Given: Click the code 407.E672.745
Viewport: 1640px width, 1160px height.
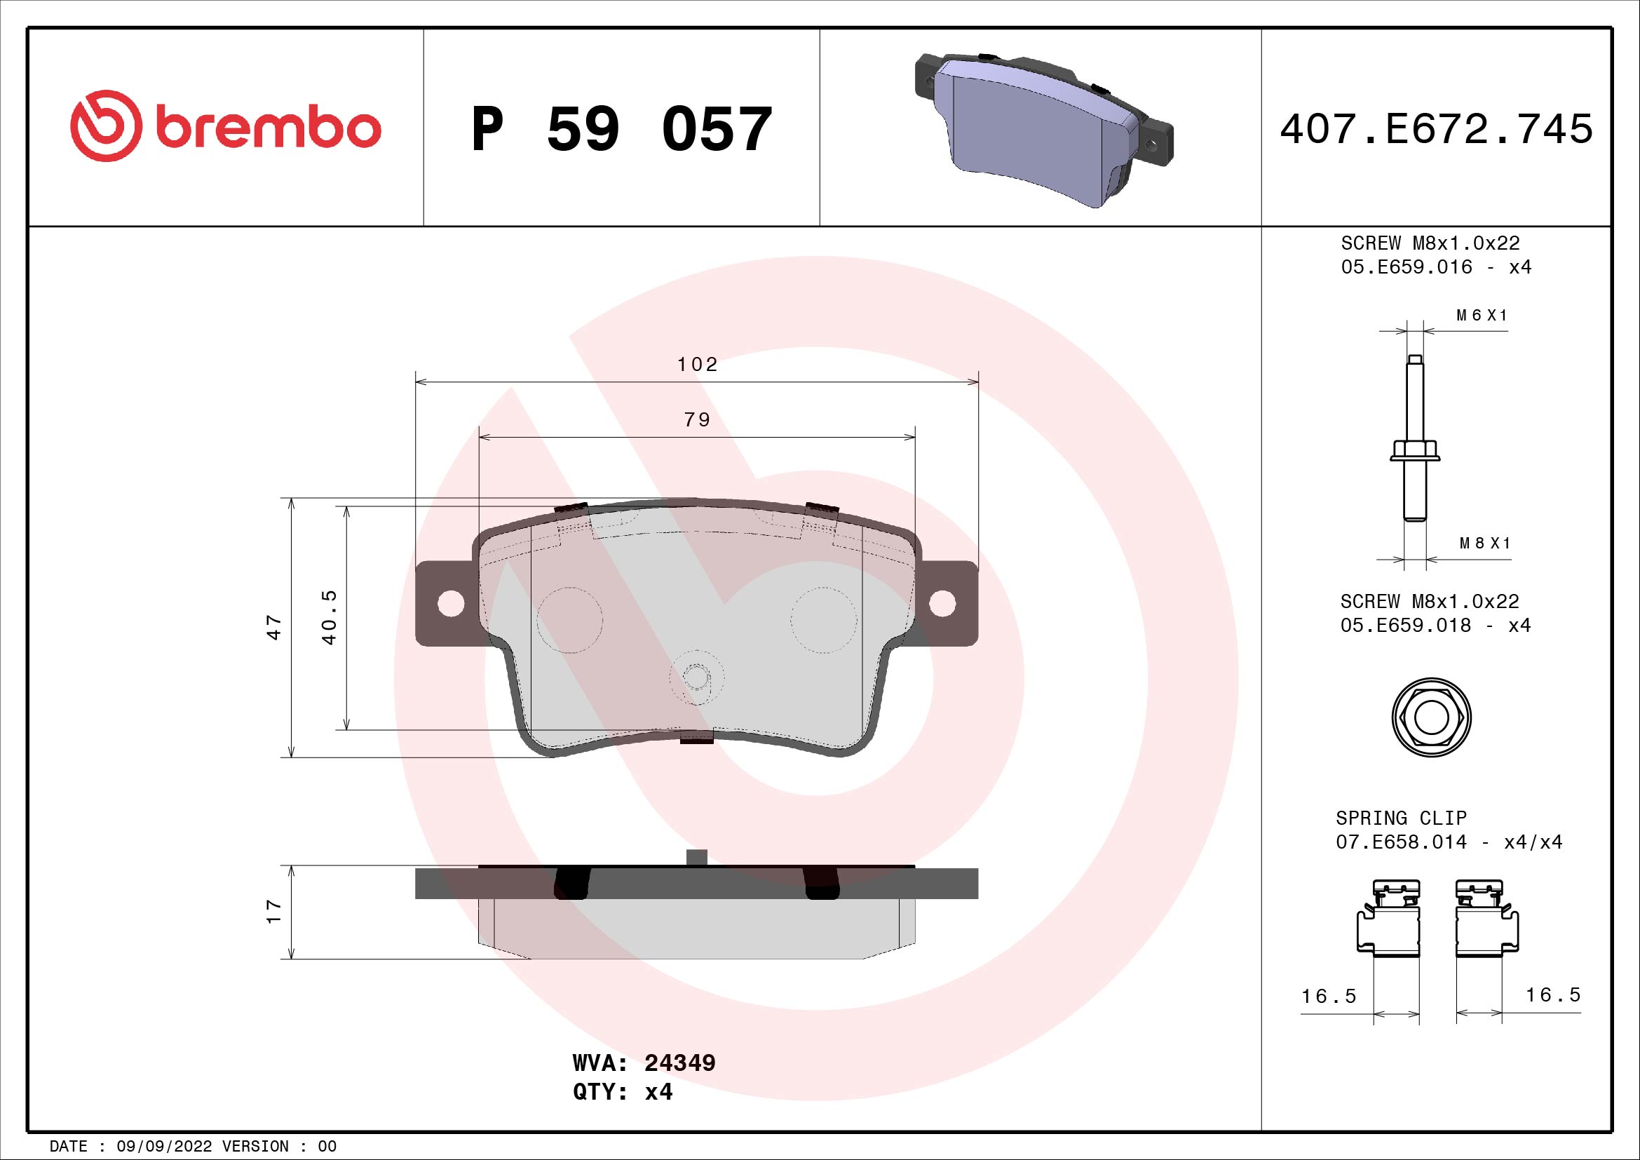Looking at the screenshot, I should click(x=1436, y=129).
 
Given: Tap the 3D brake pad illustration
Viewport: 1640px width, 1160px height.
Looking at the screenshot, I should click(x=1043, y=128).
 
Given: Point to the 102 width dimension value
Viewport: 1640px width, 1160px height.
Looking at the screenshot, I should click(x=697, y=365).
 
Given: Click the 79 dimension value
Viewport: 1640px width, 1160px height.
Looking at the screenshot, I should click(x=697, y=420).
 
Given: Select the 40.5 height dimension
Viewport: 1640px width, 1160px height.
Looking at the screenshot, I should click(x=330, y=617).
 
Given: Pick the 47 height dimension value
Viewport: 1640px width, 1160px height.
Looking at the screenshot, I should click(x=274, y=627).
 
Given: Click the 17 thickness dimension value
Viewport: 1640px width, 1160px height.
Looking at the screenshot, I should click(x=274, y=912).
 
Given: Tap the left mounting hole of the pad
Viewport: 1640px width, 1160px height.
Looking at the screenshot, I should click(x=451, y=603).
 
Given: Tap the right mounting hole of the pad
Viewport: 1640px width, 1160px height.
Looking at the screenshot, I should click(x=942, y=604).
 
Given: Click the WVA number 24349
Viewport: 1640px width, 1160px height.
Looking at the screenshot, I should click(x=679, y=1063).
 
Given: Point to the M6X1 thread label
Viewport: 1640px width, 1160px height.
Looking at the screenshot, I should click(x=1482, y=315).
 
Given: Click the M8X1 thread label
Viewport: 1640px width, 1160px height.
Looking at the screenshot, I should click(x=1485, y=543).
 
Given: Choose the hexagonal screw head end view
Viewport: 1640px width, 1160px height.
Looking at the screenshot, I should click(x=1431, y=717).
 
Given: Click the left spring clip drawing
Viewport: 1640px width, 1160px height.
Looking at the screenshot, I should click(x=1388, y=919).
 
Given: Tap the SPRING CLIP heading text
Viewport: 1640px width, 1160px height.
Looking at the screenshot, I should click(x=1401, y=818).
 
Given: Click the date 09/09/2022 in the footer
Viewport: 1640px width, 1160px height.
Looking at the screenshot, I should click(x=163, y=1147).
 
